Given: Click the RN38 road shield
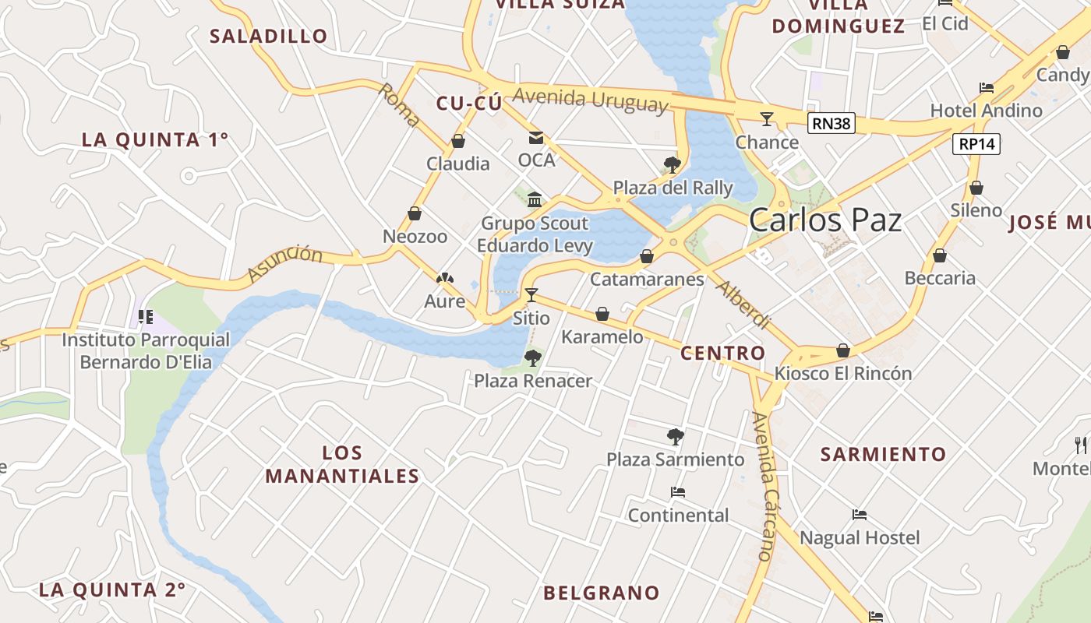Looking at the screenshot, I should pyautogui.click(x=831, y=123).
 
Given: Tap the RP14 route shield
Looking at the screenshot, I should pyautogui.click(x=976, y=144).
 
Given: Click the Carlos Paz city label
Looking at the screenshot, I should pyautogui.click(x=824, y=220).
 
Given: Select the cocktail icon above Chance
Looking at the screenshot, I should pyautogui.click(x=767, y=119).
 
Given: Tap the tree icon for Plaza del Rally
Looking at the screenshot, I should pyautogui.click(x=672, y=165).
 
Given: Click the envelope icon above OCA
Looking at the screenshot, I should pyautogui.click(x=536, y=139).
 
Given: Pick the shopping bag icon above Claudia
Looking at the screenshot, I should pyautogui.click(x=458, y=142).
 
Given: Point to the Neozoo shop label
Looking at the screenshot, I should pyautogui.click(x=415, y=236).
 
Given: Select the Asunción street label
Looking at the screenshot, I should pyautogui.click(x=284, y=263).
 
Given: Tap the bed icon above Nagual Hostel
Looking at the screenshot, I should pyautogui.click(x=860, y=515).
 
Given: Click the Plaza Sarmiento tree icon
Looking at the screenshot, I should pyautogui.click(x=676, y=437).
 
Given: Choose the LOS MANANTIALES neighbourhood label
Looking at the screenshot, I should pyautogui.click(x=342, y=464).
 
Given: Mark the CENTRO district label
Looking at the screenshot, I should pyautogui.click(x=723, y=353).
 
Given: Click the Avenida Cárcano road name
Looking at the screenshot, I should pyautogui.click(x=764, y=487).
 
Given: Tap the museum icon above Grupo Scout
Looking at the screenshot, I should pyautogui.click(x=535, y=200).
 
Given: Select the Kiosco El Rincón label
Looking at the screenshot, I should pyautogui.click(x=842, y=373).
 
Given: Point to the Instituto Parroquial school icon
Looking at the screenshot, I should pyautogui.click(x=145, y=316).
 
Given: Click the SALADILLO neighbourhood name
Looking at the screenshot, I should pyautogui.click(x=269, y=36).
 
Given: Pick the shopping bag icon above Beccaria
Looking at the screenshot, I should pyautogui.click(x=940, y=255).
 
